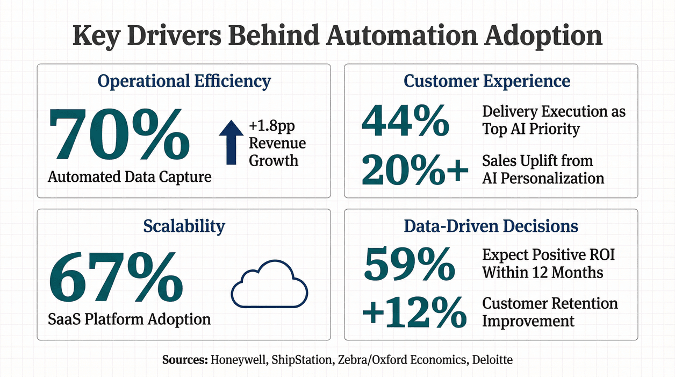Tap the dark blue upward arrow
click(x=231, y=142)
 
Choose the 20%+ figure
click(x=412, y=170)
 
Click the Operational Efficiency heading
click(x=184, y=81)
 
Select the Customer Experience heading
click(x=487, y=81)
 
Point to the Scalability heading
click(x=184, y=226)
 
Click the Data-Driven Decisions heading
click(x=491, y=226)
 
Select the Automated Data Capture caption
click(x=130, y=176)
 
